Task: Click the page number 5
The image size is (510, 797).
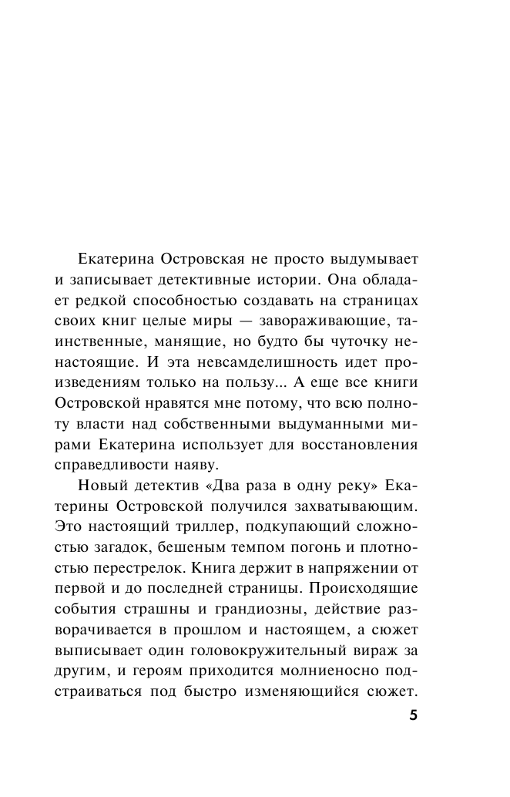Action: point(413,715)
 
